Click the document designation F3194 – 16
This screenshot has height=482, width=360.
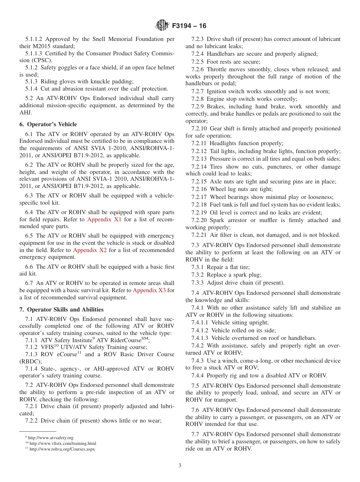click(189, 26)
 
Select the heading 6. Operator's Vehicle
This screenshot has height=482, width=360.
click(48, 124)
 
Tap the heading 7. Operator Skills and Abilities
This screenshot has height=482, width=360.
click(61, 310)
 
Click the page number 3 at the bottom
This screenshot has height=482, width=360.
click(180, 466)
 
